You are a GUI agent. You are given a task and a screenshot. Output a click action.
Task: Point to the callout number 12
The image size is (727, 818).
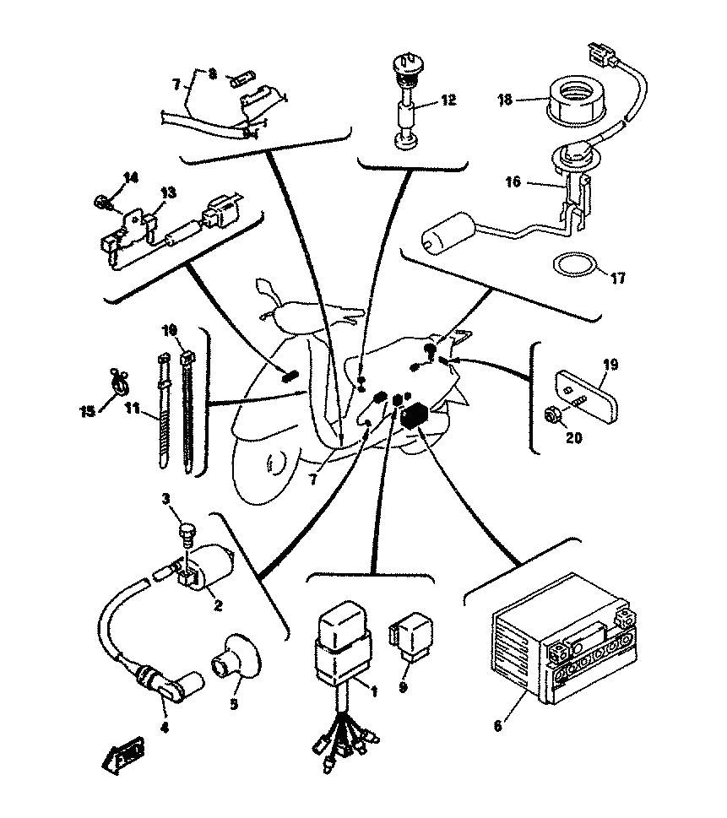448,100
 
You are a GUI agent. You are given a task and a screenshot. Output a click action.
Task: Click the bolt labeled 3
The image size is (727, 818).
188,533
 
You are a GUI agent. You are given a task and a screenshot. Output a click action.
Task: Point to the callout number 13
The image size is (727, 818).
168,193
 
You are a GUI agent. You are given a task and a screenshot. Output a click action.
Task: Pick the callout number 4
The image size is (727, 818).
164,726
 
